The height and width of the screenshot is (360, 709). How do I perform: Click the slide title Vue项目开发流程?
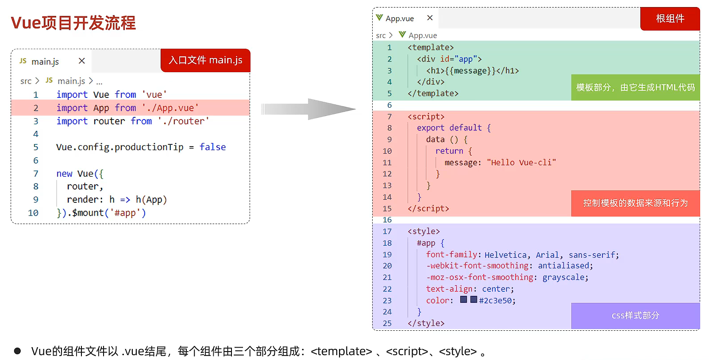73,23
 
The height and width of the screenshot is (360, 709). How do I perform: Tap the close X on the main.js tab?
82,61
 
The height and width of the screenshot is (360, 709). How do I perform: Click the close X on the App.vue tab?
429,18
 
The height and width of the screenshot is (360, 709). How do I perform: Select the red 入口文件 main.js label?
205,60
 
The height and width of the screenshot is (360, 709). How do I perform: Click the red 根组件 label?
670,19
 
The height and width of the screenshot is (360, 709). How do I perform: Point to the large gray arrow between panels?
308,109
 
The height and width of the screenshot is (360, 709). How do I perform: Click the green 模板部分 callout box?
636,87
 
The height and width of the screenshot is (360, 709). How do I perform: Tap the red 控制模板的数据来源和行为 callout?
636,203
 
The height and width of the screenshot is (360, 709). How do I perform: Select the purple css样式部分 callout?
636,316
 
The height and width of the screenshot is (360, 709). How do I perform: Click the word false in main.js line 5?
212,147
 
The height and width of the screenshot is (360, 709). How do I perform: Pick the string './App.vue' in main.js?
170,108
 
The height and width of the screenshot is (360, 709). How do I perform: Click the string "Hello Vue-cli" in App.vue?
521,163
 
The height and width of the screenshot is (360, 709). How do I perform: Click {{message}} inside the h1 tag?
470,70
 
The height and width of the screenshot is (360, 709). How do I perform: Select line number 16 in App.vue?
387,220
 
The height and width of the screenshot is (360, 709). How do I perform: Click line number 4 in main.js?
36,134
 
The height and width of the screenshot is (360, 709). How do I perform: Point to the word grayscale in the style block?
563,277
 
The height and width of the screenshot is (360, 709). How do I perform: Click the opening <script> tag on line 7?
426,116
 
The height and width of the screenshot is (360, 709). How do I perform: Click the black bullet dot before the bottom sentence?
17,351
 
